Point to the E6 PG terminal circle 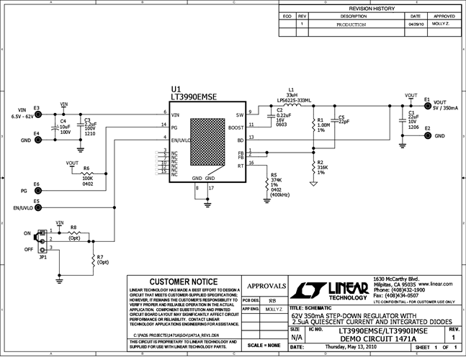pos(37,191)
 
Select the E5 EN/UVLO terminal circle pos(37,208)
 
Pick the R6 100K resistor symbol pos(86,175)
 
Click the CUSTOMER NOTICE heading pos(184,281)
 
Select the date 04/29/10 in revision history pos(416,24)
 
